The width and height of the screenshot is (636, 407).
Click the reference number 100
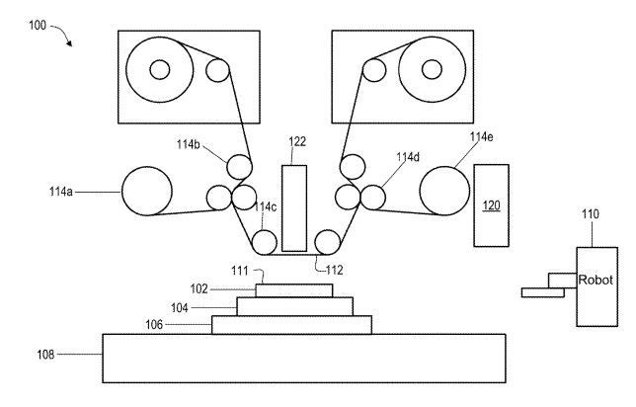(38, 25)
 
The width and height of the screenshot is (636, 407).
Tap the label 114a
(61, 191)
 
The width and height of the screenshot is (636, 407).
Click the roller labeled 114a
(147, 191)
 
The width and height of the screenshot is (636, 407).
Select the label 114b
(189, 144)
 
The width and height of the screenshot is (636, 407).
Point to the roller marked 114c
(265, 243)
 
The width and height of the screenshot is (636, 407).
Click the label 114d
(408, 157)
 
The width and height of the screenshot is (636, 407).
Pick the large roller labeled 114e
(444, 191)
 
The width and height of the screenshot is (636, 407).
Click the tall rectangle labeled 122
(294, 208)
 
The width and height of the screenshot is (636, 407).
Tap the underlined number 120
(491, 205)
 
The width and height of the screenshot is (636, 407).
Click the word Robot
(596, 280)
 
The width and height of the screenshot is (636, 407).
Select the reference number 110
(591, 213)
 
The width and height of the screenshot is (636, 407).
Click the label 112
(335, 270)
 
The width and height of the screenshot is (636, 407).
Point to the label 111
(240, 271)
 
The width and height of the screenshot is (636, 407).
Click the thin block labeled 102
(294, 290)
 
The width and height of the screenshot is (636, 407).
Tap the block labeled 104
(295, 306)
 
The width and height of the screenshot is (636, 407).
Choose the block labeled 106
(291, 325)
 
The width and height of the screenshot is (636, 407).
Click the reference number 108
(45, 355)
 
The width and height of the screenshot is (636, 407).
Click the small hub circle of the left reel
(159, 70)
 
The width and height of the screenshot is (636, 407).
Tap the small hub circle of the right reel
(432, 70)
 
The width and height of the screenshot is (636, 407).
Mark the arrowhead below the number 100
(69, 43)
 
